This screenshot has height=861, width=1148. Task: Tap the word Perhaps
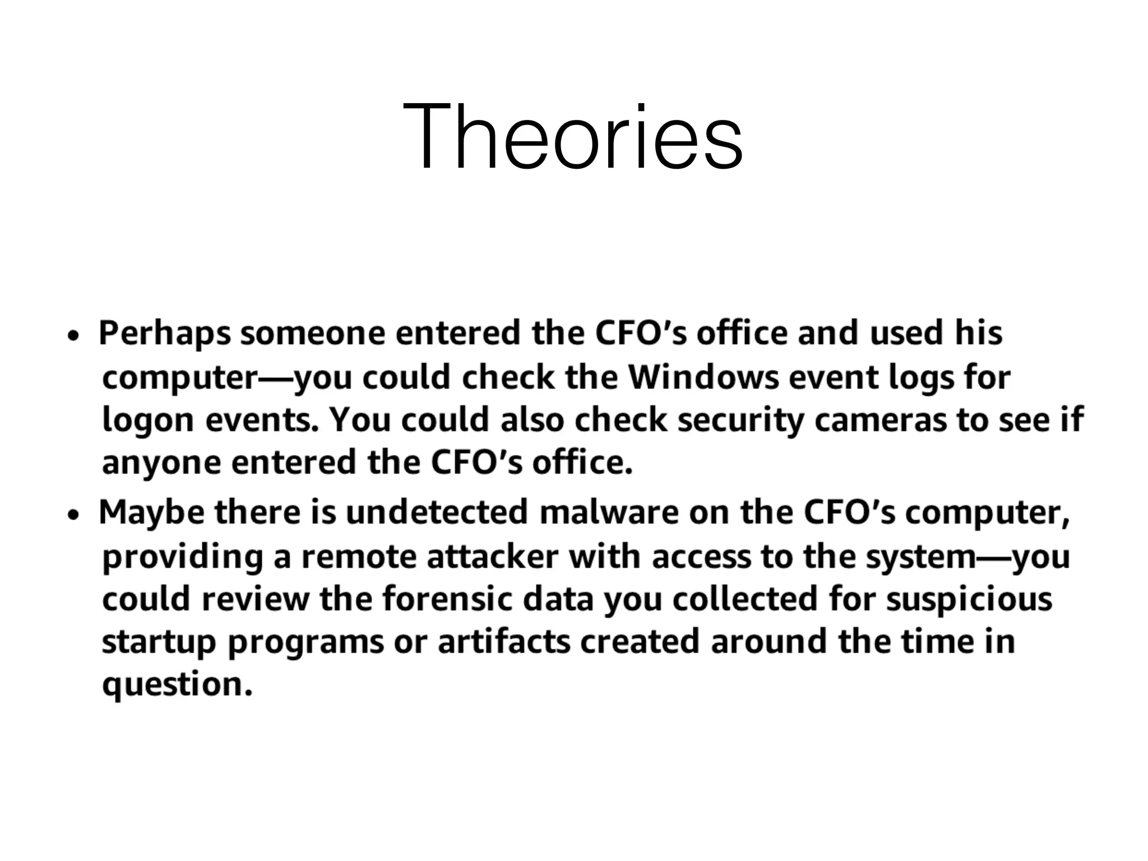tap(165, 334)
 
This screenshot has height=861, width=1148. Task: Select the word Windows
tap(703, 377)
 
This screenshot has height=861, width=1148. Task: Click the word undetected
tap(437, 512)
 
